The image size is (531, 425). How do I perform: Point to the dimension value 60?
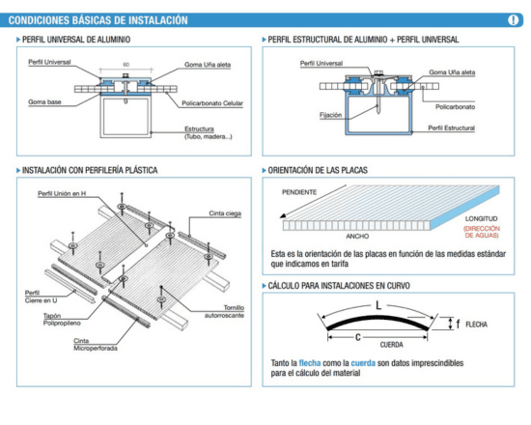(x=126, y=66)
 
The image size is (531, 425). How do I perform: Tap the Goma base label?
(x=44, y=99)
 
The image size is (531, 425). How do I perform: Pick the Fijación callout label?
(x=303, y=114)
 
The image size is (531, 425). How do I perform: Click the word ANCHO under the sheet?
(x=358, y=235)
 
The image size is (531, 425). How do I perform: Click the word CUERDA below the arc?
(x=364, y=344)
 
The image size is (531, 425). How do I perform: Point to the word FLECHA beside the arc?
(x=477, y=326)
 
